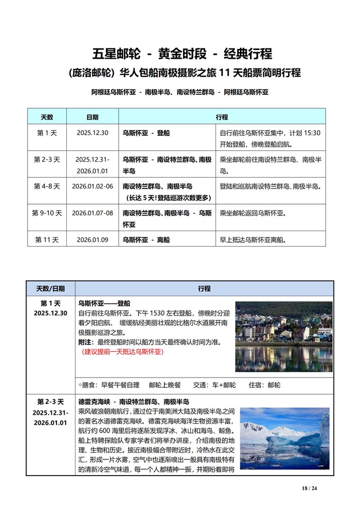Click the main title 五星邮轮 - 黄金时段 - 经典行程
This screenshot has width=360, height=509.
click(x=182, y=54)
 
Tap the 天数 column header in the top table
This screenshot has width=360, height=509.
click(x=47, y=117)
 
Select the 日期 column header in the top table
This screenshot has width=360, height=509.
click(x=92, y=117)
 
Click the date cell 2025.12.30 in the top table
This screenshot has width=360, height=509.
click(x=92, y=133)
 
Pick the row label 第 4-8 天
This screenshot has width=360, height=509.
click(x=47, y=186)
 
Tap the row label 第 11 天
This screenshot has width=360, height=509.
click(x=47, y=240)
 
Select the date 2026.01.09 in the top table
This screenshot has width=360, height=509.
click(x=92, y=240)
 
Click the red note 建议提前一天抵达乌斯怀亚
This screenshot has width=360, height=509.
click(x=122, y=352)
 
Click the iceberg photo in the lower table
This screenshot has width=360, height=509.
click(x=285, y=438)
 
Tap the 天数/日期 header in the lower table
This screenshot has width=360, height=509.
click(x=51, y=289)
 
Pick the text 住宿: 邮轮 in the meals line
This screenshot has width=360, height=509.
click(x=265, y=385)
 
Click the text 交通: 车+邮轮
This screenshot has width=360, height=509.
click(x=214, y=385)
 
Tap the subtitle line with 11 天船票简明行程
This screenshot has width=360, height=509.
click(x=182, y=72)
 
